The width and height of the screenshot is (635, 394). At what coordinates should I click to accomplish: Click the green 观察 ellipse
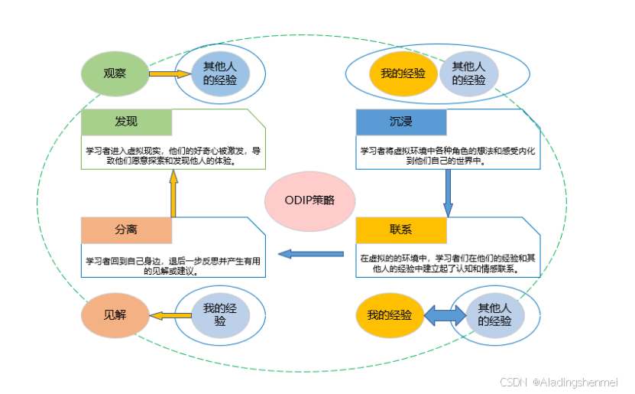tap(115, 74)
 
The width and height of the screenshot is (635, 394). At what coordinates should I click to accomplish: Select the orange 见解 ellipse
tap(115, 315)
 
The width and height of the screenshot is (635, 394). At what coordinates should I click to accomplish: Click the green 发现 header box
tap(127, 122)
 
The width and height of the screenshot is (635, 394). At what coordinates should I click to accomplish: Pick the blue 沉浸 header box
tap(401, 122)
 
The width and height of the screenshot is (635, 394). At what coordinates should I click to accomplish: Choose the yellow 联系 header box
tap(401, 230)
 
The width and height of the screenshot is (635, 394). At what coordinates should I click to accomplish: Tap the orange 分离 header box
tap(127, 230)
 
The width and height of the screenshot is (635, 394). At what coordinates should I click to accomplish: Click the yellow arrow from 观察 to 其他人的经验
tap(168, 74)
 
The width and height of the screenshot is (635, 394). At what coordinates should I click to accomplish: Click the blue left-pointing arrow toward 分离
tap(310, 253)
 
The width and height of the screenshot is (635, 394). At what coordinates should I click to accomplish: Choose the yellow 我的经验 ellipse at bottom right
tap(390, 314)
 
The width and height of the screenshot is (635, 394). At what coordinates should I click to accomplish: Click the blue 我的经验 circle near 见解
tap(220, 315)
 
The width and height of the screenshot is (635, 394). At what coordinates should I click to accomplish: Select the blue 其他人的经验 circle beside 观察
tap(220, 74)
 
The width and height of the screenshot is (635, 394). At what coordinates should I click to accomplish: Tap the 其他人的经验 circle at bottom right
tap(494, 314)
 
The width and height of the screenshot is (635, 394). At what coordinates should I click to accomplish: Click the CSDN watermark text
tap(558, 382)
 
